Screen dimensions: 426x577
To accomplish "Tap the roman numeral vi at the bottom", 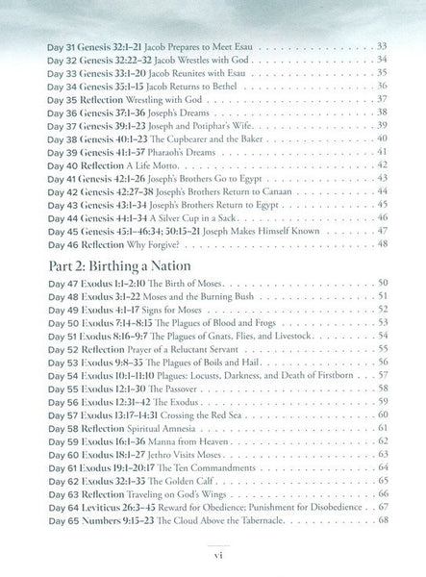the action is tap(213, 556).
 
